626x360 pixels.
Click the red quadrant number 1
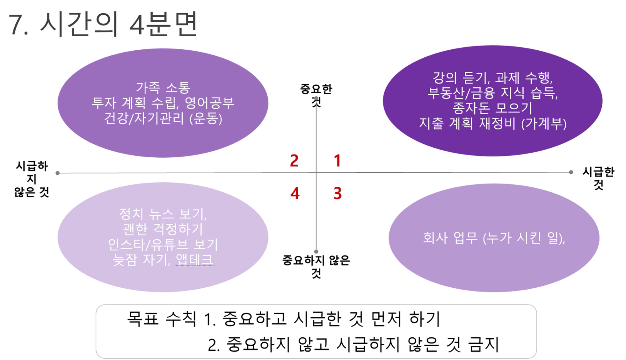click(337, 161)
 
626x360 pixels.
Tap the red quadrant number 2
click(294, 161)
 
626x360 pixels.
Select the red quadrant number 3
click(337, 193)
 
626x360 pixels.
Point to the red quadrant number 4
click(295, 193)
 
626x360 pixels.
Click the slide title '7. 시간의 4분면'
click(103, 24)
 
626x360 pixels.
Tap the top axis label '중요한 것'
click(316, 95)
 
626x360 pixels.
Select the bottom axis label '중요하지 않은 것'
click(316, 267)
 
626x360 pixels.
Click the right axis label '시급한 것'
click(598, 178)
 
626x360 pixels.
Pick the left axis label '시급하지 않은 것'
click(32, 179)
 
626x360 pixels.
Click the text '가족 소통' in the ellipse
click(163, 87)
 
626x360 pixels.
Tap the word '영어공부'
click(206, 103)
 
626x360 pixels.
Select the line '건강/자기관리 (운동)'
click(163, 119)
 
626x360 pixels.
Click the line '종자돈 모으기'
click(492, 108)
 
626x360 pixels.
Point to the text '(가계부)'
click(544, 124)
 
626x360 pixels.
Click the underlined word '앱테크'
click(195, 260)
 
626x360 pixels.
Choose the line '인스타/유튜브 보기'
click(163, 244)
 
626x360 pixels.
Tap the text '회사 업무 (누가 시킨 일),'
click(494, 238)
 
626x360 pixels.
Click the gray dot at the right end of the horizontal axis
click(571, 172)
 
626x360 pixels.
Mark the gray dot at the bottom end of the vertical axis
click(316, 252)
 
